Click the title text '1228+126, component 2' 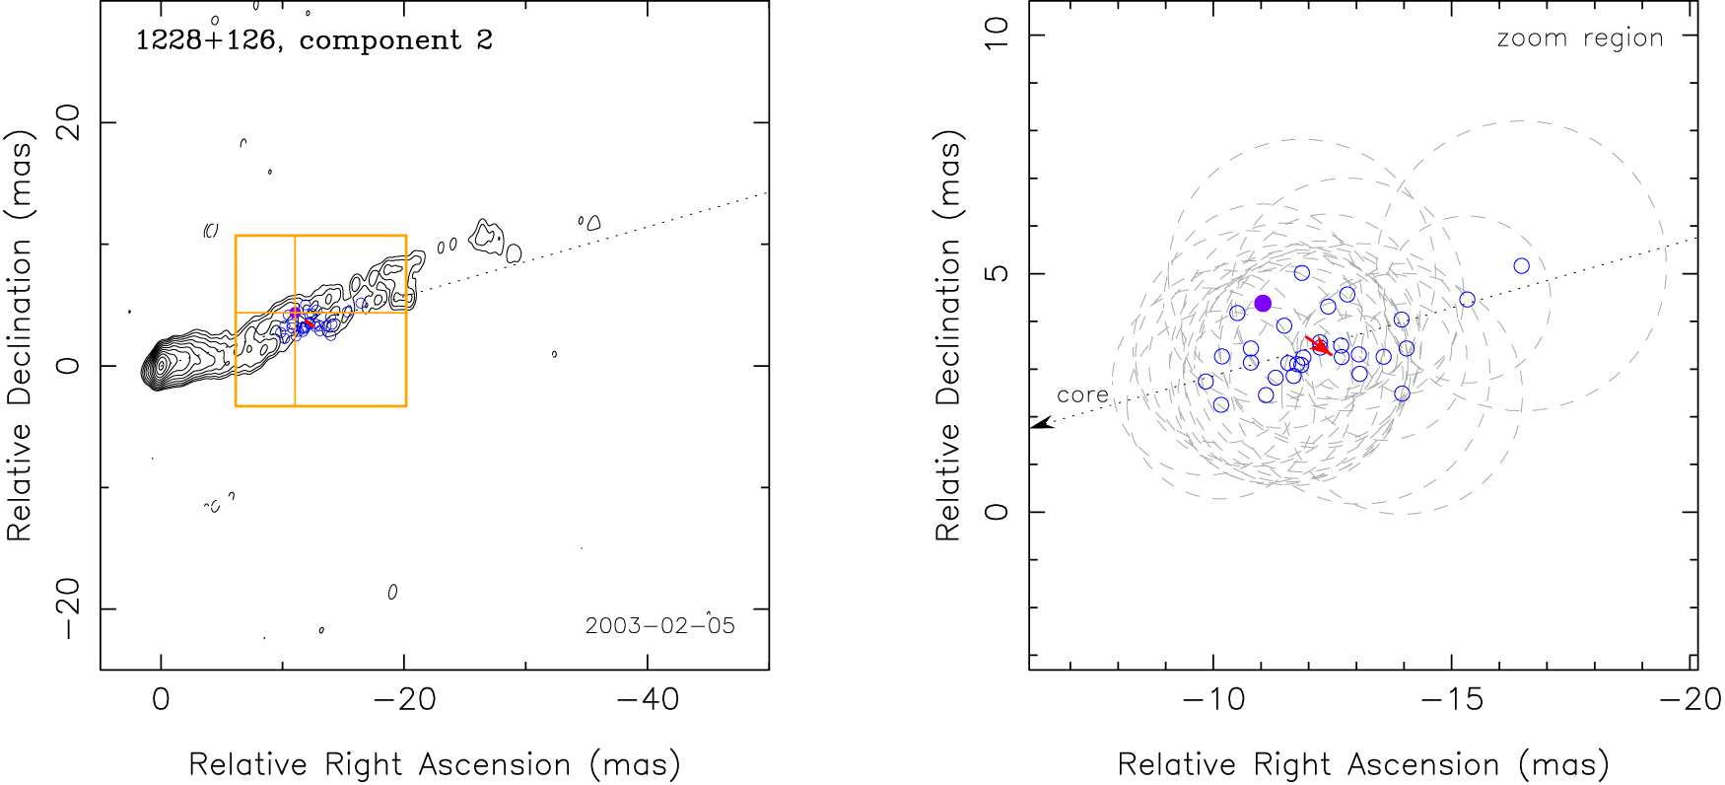pyautogui.click(x=313, y=40)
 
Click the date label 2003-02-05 pyautogui.click(x=659, y=626)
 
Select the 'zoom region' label pyautogui.click(x=1579, y=38)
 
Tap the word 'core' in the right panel pyautogui.click(x=1082, y=394)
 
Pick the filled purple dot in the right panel pyautogui.click(x=1263, y=303)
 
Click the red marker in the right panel pyautogui.click(x=1320, y=345)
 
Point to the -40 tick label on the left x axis pyautogui.click(x=647, y=699)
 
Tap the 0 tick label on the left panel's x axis pyautogui.click(x=161, y=699)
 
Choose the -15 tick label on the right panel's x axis pyautogui.click(x=1452, y=699)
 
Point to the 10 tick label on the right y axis pyautogui.click(x=998, y=36)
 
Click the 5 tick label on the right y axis pyautogui.click(x=998, y=273)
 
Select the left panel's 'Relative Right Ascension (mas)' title pyautogui.click(x=434, y=764)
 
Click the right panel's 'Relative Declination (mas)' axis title pyautogui.click(x=948, y=337)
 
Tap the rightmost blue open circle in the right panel pyautogui.click(x=1521, y=266)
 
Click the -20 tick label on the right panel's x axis pyautogui.click(x=1690, y=699)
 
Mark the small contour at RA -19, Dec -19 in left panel pyautogui.click(x=392, y=592)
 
